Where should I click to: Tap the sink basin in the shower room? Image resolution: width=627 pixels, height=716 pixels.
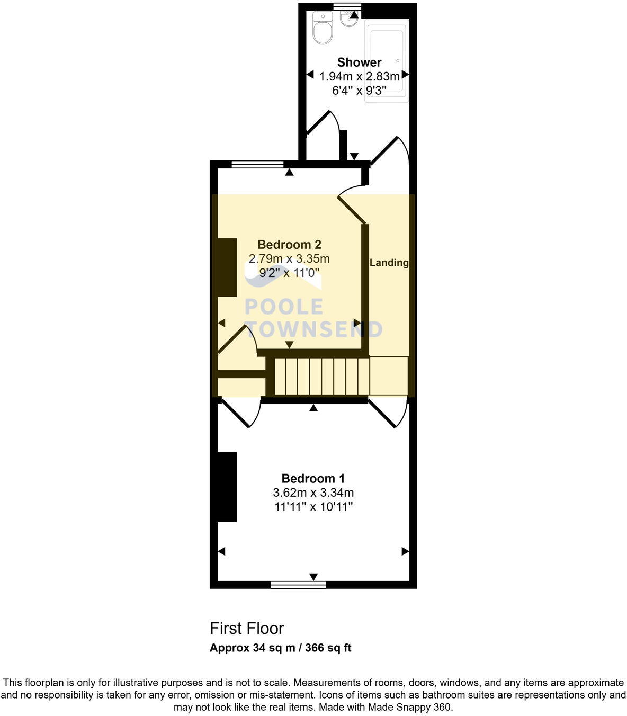coord(348,20)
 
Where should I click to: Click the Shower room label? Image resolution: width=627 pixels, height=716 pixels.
coord(359,62)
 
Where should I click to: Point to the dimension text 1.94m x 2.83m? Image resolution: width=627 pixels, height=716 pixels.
coord(359,77)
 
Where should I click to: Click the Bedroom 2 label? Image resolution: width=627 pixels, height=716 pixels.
coord(289,245)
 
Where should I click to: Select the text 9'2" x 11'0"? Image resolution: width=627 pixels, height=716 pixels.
coord(289,273)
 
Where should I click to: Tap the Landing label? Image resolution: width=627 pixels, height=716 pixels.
coord(389,263)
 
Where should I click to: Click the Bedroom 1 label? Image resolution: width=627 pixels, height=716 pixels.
coord(313,478)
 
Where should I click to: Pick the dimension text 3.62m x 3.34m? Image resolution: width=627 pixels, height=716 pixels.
coord(313,493)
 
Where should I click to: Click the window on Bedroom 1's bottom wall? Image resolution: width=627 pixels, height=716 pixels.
coord(298,585)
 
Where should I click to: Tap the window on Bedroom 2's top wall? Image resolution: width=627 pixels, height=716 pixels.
coord(257,164)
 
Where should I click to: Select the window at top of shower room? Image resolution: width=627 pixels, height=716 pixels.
coord(347,6)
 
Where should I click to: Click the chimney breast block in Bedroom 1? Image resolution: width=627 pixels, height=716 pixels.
coord(227,487)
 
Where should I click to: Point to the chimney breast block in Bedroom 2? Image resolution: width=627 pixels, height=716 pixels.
coord(227,267)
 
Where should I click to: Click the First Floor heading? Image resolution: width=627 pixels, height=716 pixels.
coord(247,628)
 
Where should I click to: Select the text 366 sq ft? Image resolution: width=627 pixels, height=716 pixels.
coord(328,648)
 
